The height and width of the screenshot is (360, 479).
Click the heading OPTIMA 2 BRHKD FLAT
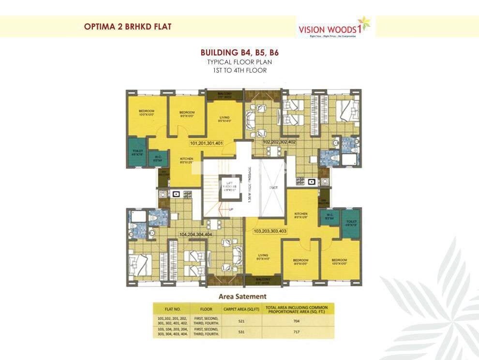click(x=128, y=27)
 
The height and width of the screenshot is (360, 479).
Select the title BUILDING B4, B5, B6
click(x=239, y=52)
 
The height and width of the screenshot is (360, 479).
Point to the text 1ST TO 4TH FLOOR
click(x=239, y=70)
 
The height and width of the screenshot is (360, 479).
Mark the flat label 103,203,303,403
click(x=270, y=231)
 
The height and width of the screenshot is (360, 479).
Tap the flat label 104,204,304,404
click(x=195, y=234)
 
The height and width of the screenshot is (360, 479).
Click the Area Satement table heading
click(x=242, y=296)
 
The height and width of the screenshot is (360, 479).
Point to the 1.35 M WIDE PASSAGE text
click(x=250, y=184)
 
